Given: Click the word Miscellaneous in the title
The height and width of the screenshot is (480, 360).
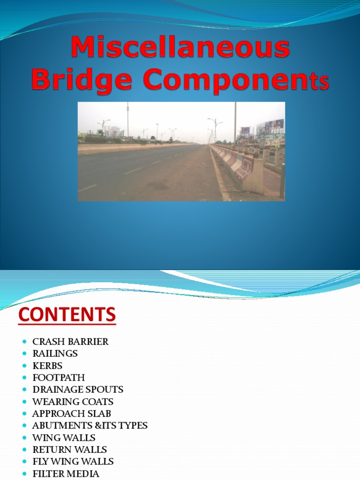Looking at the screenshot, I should click(180, 48).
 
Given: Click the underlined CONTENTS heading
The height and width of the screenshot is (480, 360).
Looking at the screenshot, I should click(67, 314).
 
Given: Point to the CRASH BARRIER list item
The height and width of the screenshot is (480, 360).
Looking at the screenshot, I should click(70, 342).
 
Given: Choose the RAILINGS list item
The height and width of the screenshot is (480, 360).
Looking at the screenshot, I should click(55, 353).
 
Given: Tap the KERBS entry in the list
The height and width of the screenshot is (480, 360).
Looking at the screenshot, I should click(47, 366).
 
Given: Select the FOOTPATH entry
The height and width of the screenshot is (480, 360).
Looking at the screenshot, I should click(59, 377).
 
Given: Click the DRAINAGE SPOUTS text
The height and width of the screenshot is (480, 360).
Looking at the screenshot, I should click(78, 390).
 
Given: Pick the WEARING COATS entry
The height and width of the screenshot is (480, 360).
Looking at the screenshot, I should click(73, 402).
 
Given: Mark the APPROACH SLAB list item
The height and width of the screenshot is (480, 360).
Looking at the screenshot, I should click(72, 414).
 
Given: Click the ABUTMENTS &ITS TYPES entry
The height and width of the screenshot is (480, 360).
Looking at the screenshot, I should click(90, 426).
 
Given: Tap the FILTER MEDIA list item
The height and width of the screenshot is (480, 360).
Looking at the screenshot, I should click(66, 474).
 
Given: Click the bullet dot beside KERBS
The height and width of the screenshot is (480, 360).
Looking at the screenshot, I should click(24, 366).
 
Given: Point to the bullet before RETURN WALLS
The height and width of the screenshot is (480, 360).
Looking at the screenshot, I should click(24, 450).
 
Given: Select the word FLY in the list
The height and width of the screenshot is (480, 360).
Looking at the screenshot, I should click(40, 462).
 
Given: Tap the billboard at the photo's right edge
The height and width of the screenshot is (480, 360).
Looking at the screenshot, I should click(274, 125).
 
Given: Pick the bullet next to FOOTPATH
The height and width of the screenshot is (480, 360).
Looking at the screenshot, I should click(24, 378).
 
